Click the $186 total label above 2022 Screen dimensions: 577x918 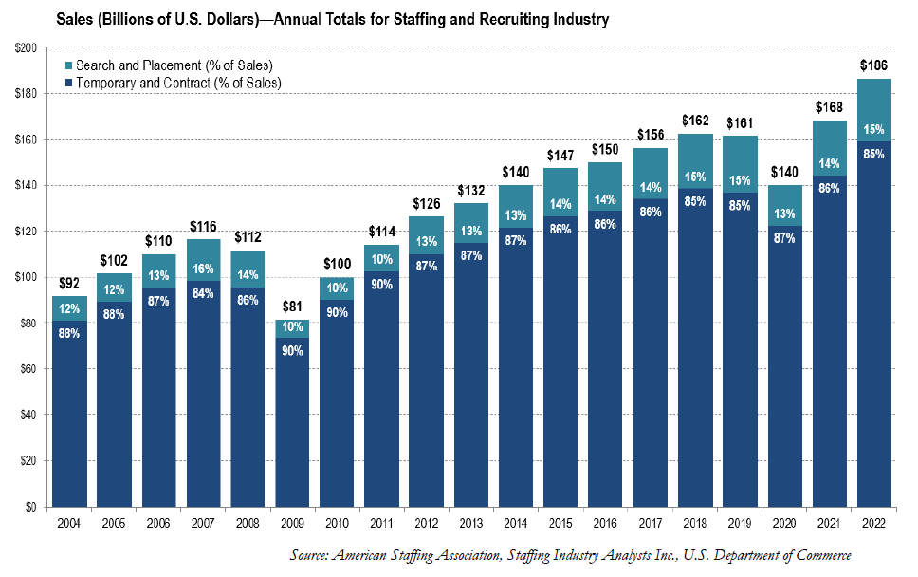pos(875,65)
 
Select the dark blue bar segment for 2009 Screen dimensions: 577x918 pos(292,427)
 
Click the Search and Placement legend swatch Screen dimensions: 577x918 pos(69,66)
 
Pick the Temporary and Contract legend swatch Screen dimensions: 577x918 pos(69,83)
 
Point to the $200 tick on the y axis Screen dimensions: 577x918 pos(25,47)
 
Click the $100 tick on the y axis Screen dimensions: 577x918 pos(25,277)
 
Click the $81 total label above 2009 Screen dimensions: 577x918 pos(292,307)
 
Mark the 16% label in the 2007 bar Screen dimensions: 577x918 pos(203,270)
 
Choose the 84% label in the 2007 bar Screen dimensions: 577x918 pos(203,292)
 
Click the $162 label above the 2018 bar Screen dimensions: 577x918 pos(695,121)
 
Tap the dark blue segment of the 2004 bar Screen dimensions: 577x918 pos(68,418)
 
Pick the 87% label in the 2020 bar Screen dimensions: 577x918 pos(785,237)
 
